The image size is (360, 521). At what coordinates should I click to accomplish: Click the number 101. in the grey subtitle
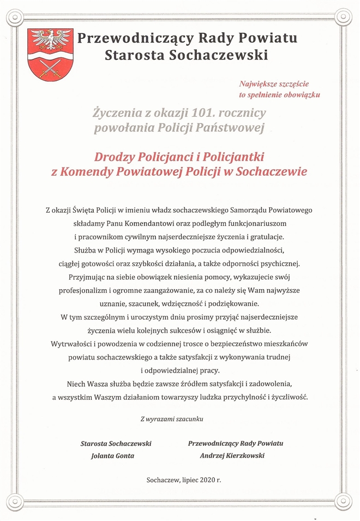205,113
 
